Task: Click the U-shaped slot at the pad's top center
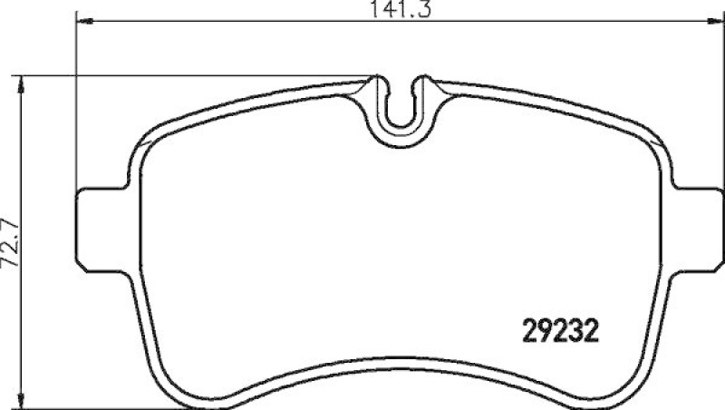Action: [x=401, y=106]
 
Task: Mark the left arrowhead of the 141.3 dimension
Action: [x=80, y=21]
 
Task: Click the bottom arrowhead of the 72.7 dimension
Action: [x=26, y=398]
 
